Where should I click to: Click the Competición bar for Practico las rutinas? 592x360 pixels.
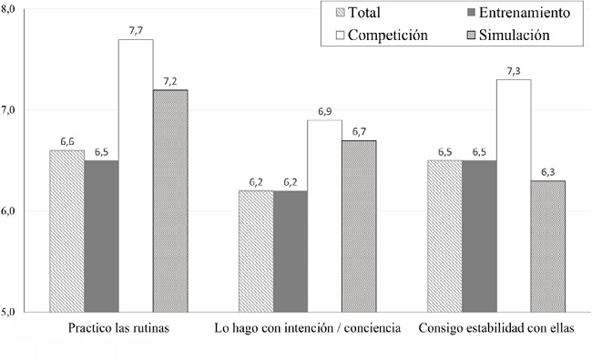136,175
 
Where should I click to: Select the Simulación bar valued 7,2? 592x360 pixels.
170,201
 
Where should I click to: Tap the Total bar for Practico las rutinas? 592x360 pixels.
66,231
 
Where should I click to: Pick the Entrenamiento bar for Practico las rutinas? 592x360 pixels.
101,236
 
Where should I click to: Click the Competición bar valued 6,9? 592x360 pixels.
325,216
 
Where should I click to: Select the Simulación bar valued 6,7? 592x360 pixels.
360,226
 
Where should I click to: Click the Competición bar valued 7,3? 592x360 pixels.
515,195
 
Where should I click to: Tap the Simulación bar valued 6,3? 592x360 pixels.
549,246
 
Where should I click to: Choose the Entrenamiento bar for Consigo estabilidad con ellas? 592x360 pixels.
480,236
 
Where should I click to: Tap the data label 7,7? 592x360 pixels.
136,31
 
